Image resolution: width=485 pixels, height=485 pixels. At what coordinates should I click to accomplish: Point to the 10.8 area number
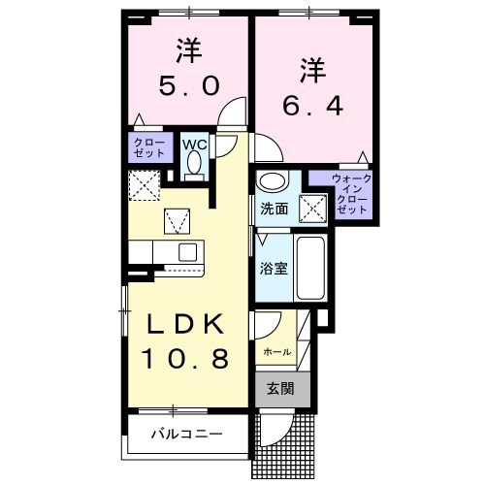[x=187, y=360]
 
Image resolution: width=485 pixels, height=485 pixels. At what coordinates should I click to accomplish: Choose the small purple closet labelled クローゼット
[x=149, y=147]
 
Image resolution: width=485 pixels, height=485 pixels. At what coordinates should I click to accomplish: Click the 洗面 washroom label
[x=274, y=208]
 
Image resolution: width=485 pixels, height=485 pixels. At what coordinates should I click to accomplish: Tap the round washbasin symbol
[x=273, y=181]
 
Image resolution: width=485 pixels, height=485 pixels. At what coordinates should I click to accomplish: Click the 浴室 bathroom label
[x=273, y=268]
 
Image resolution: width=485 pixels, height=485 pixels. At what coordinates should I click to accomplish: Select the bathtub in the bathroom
[x=310, y=267]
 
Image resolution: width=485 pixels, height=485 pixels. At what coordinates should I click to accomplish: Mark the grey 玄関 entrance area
[x=281, y=389]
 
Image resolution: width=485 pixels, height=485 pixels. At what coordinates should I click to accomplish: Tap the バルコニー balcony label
[x=186, y=435]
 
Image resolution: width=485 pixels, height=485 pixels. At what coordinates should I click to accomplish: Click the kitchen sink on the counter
[x=187, y=253]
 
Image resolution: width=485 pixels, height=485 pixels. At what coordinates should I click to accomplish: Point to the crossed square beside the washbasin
[x=312, y=205]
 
